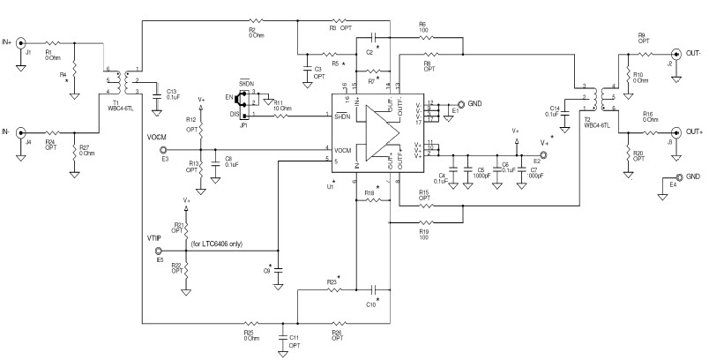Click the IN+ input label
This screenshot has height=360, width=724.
[x=9, y=41]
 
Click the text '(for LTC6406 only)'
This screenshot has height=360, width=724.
[x=212, y=244]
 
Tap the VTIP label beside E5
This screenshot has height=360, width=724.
[x=154, y=238]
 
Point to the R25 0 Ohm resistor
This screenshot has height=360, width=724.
[x=250, y=324]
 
